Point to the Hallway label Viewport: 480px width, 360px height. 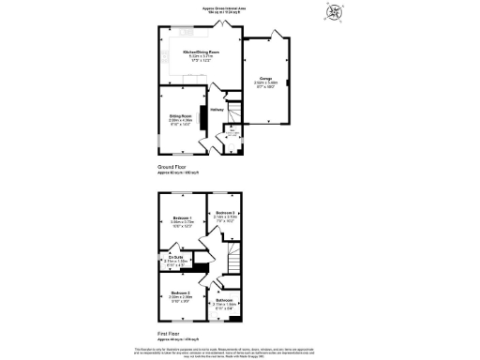216,110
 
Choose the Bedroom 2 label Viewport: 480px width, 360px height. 224,213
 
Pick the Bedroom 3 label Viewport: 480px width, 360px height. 182,293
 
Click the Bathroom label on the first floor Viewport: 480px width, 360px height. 225,300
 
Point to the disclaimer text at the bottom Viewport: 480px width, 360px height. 240,350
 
